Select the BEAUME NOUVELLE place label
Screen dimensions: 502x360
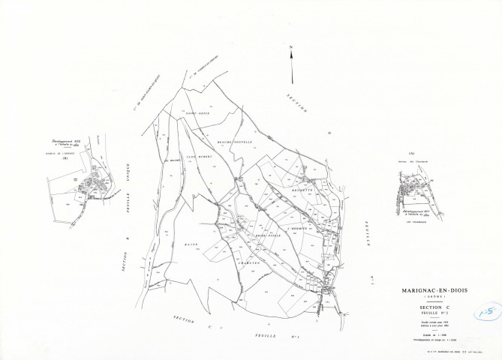click(233, 140)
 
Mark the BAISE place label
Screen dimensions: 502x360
click(191, 244)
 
